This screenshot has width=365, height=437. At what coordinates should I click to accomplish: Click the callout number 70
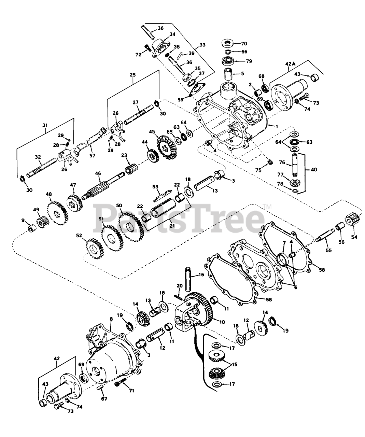pos(244,44)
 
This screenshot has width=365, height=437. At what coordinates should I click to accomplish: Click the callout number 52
pos(79,235)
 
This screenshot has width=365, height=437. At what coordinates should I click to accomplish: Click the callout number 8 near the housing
pos(111,319)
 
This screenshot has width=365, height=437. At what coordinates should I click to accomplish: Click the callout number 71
pos(131,390)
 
